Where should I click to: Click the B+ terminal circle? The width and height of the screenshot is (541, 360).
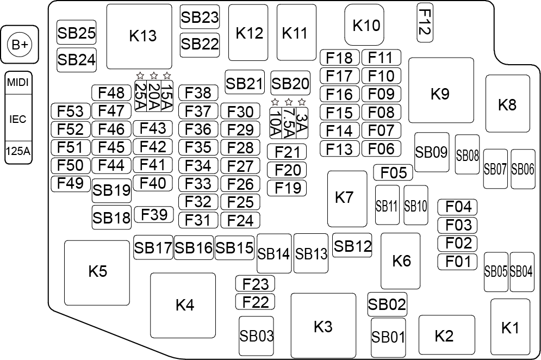[20, 45]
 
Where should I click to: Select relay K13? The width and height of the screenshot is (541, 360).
[142, 36]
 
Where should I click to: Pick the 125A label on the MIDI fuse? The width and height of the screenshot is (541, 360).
[18, 153]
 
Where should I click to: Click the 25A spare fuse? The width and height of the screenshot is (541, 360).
[140, 96]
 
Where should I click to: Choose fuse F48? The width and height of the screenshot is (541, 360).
[111, 93]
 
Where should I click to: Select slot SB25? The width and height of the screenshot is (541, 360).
[76, 34]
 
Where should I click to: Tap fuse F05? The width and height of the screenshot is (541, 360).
[393, 173]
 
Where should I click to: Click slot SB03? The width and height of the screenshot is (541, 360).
[257, 336]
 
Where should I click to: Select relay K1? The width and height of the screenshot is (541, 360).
[510, 328]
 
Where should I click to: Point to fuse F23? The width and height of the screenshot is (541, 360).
[256, 283]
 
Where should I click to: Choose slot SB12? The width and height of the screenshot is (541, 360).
[352, 246]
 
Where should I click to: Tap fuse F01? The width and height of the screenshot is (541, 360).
[457, 262]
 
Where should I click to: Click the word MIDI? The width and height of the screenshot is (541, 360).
[18, 84]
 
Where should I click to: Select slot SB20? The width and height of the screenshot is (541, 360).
[290, 84]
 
